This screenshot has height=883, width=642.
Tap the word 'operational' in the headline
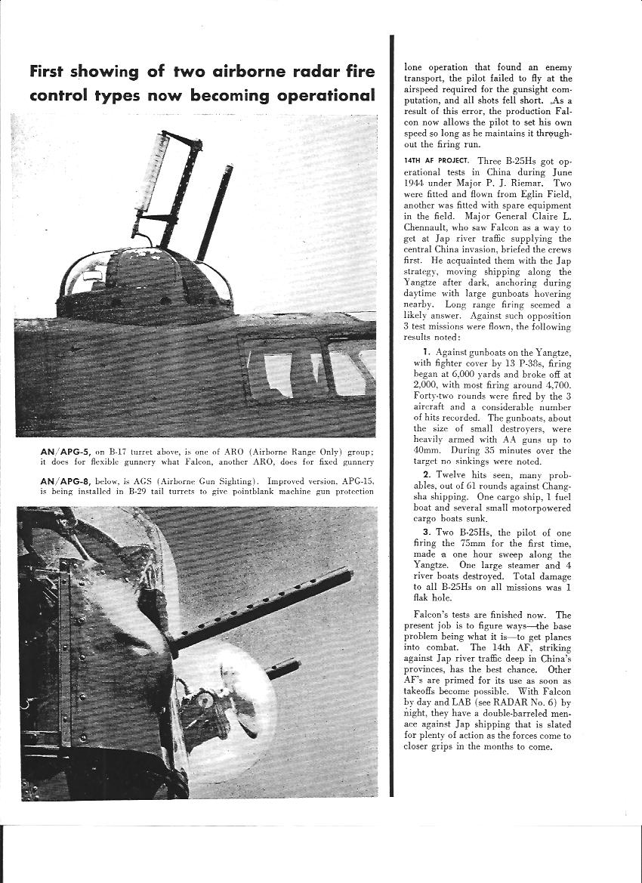pos(326,96)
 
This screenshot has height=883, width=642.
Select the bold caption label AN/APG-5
pos(66,451)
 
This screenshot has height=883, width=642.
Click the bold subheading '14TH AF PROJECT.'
pos(437,160)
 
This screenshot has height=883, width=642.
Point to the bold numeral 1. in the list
pos(427,352)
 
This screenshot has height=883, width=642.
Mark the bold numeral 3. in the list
pos(427,533)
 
